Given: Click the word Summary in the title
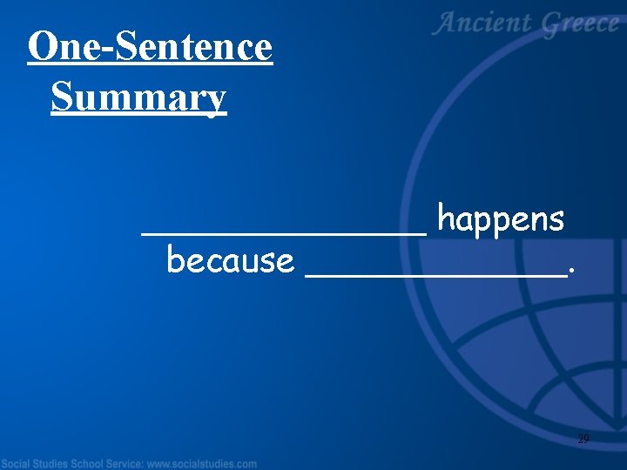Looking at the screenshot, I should click(x=138, y=97).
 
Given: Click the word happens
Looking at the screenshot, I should click(x=501, y=219).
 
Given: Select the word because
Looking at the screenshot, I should click(x=230, y=260).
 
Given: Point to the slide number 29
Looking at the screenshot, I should click(x=583, y=440).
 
